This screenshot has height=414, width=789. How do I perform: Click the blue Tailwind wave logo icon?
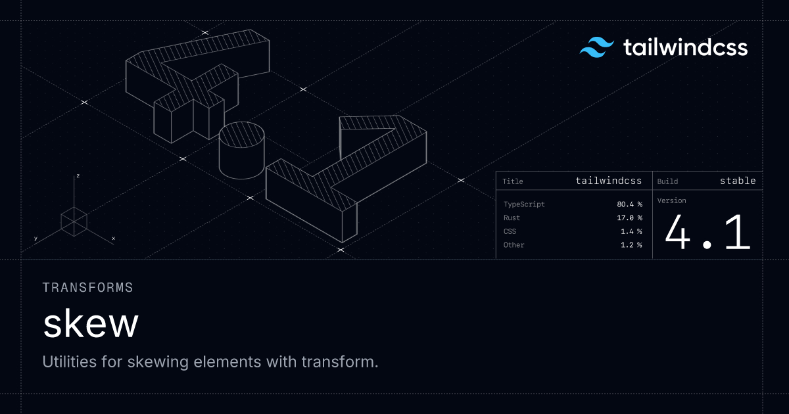point(597,47)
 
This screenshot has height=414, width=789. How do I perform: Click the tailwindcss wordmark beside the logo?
point(685,47)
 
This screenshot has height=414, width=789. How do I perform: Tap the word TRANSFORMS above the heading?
point(87,288)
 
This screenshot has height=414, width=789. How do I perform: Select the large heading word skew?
point(91,323)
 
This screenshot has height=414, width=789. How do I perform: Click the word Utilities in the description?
point(70,361)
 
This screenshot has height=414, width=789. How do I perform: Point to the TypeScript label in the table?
point(524,204)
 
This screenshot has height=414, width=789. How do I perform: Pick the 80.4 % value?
point(629,204)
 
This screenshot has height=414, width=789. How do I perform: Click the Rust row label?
point(512,218)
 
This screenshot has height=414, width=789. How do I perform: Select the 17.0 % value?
point(629,218)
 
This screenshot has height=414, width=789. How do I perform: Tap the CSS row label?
point(510,231)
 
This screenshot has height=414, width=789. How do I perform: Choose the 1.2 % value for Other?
point(631,244)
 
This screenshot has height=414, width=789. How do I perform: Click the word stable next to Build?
point(738,181)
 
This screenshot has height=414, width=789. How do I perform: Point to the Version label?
point(672,200)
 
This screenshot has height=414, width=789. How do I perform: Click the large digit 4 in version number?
point(678,233)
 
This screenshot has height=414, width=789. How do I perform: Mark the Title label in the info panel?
point(512,181)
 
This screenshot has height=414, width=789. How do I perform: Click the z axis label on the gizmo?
point(78,175)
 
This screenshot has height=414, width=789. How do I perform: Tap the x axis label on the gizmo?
point(113,239)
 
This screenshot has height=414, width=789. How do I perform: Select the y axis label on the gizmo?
point(36,239)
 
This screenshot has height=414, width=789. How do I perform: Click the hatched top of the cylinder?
point(242,135)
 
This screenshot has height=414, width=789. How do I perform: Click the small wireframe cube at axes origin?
point(74,222)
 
